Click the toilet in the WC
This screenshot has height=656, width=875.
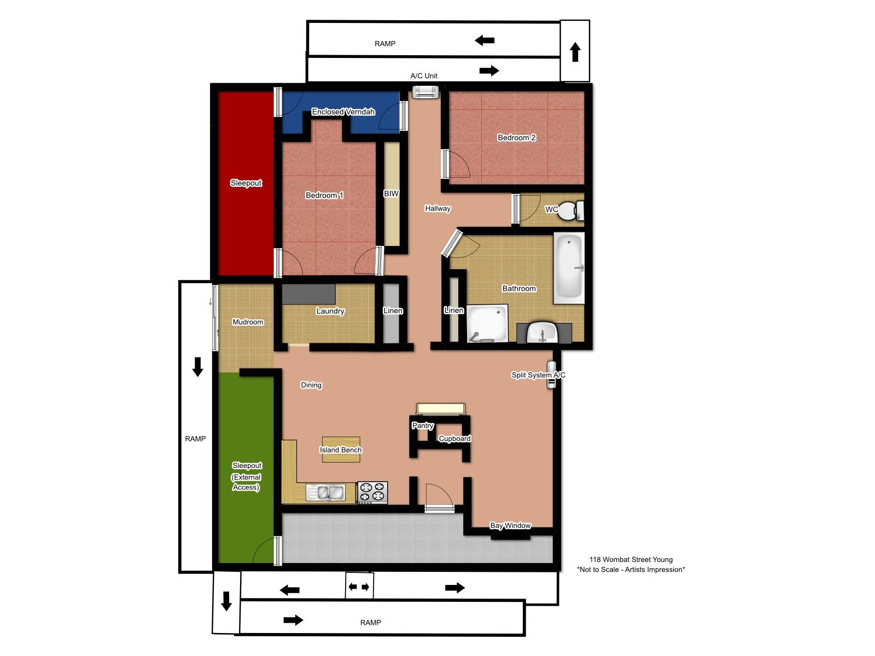click(571, 210)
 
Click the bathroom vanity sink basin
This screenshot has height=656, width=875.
click(542, 332)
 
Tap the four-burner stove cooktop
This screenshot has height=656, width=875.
click(372, 493)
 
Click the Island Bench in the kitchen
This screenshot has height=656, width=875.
click(341, 450)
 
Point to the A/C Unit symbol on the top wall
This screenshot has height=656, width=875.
click(425, 92)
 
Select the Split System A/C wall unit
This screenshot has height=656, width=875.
click(551, 374)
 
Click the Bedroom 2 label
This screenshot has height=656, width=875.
click(517, 137)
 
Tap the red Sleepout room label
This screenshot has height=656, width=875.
click(246, 183)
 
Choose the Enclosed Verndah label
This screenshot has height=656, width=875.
click(343, 112)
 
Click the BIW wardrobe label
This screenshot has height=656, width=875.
click(391, 194)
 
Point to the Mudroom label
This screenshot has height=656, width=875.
click(248, 322)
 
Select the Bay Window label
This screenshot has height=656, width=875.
click(510, 525)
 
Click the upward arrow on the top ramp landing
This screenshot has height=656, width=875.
click(575, 52)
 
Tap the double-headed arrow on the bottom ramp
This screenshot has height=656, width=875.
click(359, 587)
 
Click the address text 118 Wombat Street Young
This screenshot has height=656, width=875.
click(631, 560)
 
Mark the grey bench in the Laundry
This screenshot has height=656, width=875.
click(308, 294)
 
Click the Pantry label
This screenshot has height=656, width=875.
click(423, 425)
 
